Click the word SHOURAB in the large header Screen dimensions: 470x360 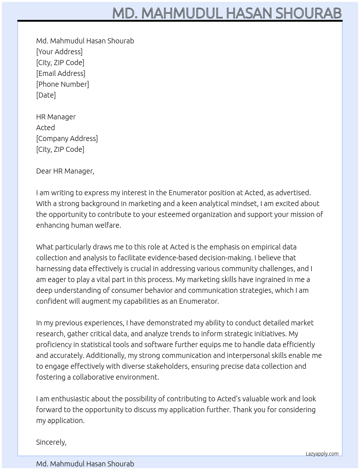(308, 13)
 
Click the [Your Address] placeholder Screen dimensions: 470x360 (59, 52)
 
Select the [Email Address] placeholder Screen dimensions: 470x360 (61, 73)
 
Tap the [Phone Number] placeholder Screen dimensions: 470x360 (63, 84)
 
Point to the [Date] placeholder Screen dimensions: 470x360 (46, 95)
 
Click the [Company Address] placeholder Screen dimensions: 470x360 (67, 138)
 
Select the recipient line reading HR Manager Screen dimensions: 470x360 (56, 117)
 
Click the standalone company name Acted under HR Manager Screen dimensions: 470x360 (46, 128)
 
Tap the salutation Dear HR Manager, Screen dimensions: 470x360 (65, 171)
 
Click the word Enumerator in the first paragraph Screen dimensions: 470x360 (187, 193)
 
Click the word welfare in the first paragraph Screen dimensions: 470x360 (108, 225)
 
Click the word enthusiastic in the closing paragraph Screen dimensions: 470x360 (70, 399)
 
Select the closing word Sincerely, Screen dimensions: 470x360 (51, 442)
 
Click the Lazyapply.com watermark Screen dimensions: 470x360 (322, 454)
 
